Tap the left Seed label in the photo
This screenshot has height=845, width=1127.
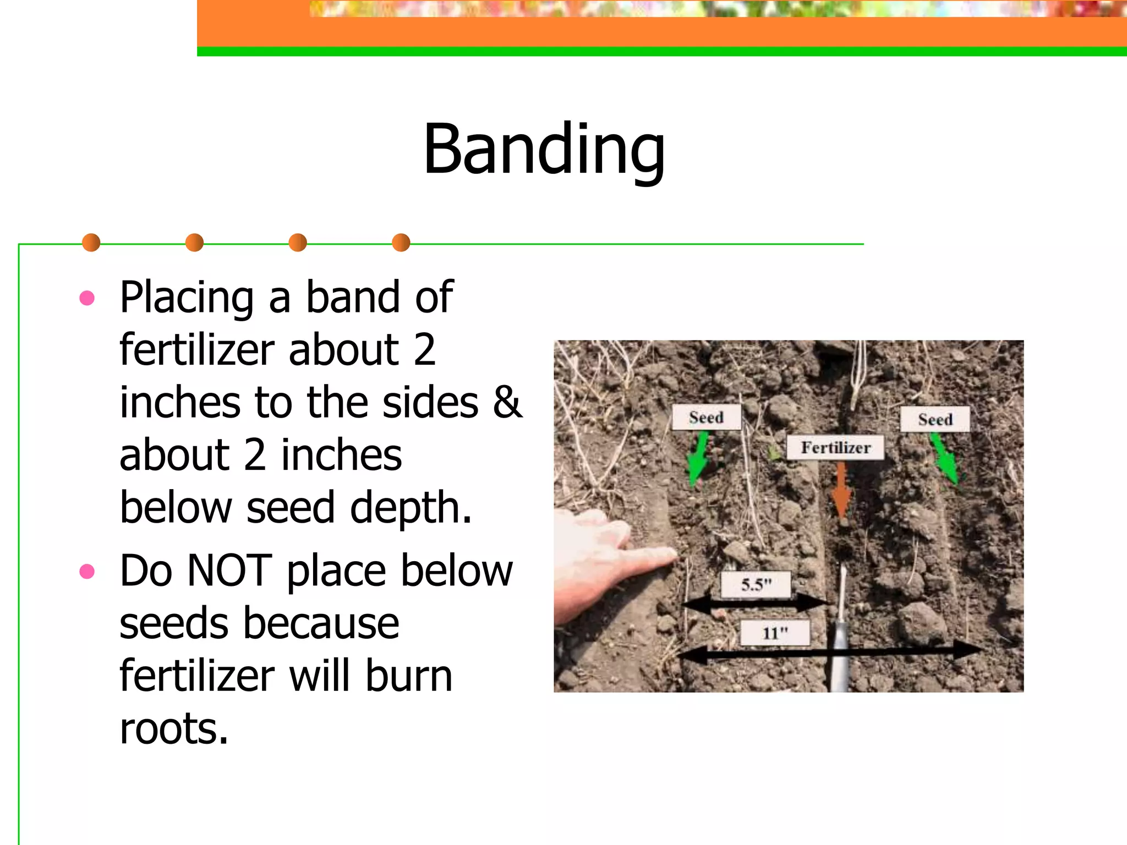[706, 418]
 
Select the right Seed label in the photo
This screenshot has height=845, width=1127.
[934, 420]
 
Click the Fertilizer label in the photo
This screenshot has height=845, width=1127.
[835, 448]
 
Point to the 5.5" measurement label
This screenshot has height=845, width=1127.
[756, 584]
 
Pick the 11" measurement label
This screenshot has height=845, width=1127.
[775, 633]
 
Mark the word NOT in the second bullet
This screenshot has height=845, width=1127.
[229, 571]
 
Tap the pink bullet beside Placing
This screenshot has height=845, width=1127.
[87, 298]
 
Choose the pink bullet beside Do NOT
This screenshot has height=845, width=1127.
[87, 572]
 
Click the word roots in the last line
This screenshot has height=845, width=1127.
[173, 729]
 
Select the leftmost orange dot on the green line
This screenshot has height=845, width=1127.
[91, 243]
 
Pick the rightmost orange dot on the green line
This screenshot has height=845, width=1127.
[401, 243]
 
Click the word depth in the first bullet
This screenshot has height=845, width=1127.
[411, 508]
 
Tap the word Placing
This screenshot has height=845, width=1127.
[187, 298]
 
